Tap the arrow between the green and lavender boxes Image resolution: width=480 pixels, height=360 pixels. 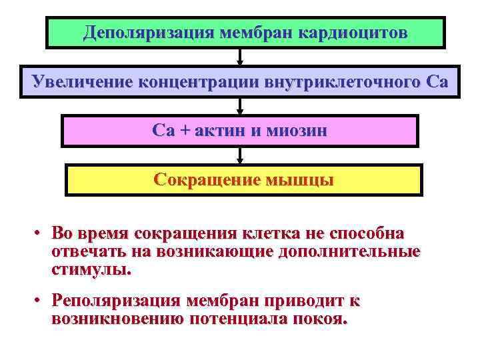click(240, 57)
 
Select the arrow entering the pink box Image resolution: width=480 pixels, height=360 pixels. click(240, 107)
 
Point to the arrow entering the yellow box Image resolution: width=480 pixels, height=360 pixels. click(240, 156)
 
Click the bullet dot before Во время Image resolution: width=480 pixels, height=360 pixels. click(40, 234)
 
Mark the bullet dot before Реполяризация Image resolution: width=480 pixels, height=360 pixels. click(40, 301)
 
